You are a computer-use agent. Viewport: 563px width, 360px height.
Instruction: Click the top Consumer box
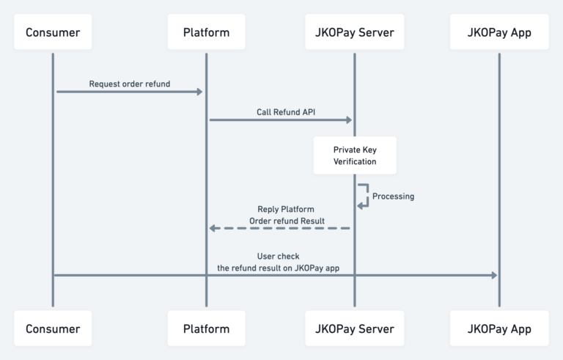pos(53,32)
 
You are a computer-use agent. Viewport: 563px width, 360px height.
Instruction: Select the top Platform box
pos(207,32)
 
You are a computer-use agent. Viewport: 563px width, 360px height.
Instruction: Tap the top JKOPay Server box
pos(355,32)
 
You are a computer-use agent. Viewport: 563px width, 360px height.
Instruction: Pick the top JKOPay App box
pos(499,32)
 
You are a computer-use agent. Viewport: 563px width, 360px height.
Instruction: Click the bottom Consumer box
pos(53,328)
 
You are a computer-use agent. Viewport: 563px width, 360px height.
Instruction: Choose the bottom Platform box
pos(207,328)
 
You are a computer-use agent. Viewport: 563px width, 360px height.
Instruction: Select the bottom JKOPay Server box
pos(355,328)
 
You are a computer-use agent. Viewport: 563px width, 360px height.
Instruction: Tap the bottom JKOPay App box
pos(499,328)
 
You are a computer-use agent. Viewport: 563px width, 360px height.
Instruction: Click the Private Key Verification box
pos(355,155)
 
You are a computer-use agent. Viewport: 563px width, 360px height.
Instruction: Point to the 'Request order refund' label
pos(130,84)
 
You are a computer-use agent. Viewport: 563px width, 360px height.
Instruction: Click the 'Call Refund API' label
pos(286,112)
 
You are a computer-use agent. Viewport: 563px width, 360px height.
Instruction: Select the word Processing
pos(393,196)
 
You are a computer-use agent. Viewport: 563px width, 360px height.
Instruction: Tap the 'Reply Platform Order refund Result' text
pos(287,215)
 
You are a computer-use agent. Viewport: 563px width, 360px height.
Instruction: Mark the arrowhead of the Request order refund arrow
pos(199,92)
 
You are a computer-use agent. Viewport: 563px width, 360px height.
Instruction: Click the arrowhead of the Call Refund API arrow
pos(349,120)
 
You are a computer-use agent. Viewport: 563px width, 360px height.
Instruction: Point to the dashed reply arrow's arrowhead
pos(213,228)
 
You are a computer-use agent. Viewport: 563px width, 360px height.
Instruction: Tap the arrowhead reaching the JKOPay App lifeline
pos(494,275)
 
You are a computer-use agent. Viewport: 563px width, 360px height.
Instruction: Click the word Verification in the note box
pos(355,161)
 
